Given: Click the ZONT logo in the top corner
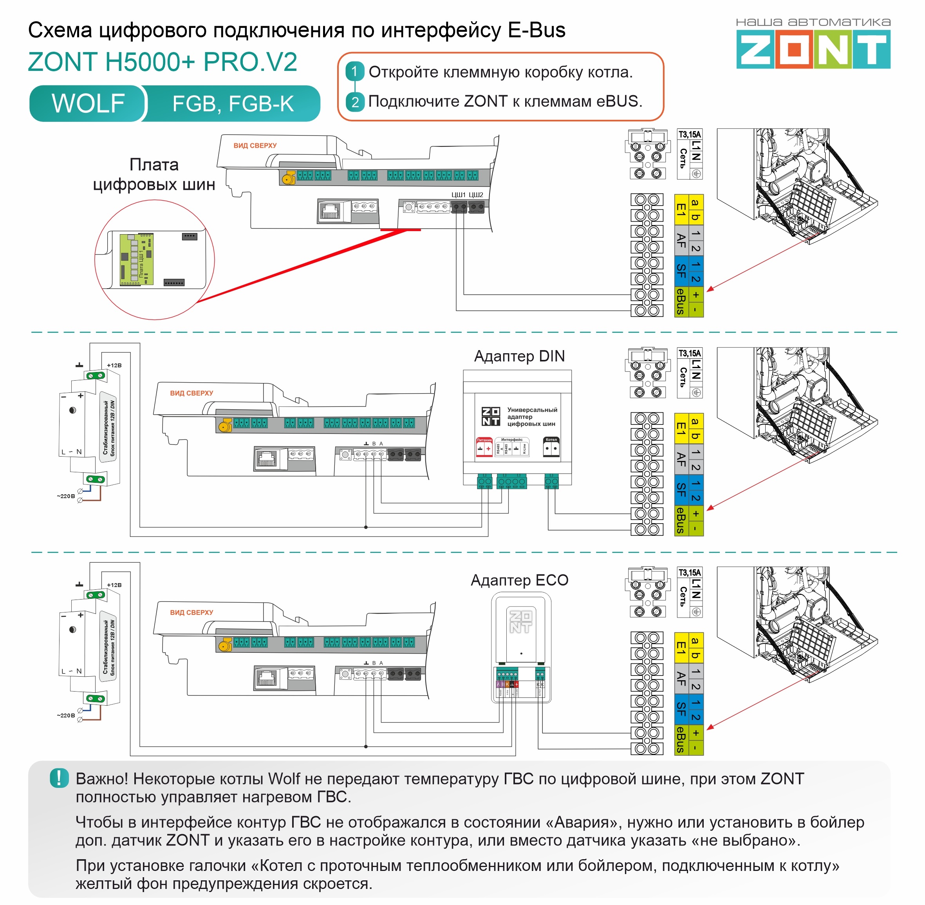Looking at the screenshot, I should pyautogui.click(x=813, y=49).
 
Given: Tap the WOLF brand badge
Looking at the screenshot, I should pyautogui.click(x=88, y=103).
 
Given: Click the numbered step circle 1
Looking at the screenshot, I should pyautogui.click(x=354, y=72).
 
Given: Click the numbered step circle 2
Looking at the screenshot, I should pyautogui.click(x=354, y=101).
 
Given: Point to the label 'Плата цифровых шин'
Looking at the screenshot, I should pyautogui.click(x=154, y=174).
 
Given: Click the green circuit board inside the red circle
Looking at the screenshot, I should pyautogui.click(x=136, y=259).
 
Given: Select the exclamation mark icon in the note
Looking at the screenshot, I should pyautogui.click(x=59, y=778).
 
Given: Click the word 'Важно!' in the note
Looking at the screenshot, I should pyautogui.click(x=102, y=779).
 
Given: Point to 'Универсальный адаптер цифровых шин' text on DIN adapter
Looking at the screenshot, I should pyautogui.click(x=531, y=416).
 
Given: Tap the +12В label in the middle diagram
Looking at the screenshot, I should pyautogui.click(x=114, y=365).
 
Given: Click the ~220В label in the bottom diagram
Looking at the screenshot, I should pyautogui.click(x=66, y=715).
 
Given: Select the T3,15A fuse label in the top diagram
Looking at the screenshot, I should pyautogui.click(x=689, y=134).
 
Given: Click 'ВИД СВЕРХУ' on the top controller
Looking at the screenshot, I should pyautogui.click(x=255, y=145).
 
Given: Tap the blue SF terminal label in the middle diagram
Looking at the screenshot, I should pyautogui.click(x=681, y=490).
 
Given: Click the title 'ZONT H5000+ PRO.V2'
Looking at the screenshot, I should pyautogui.click(x=163, y=62).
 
